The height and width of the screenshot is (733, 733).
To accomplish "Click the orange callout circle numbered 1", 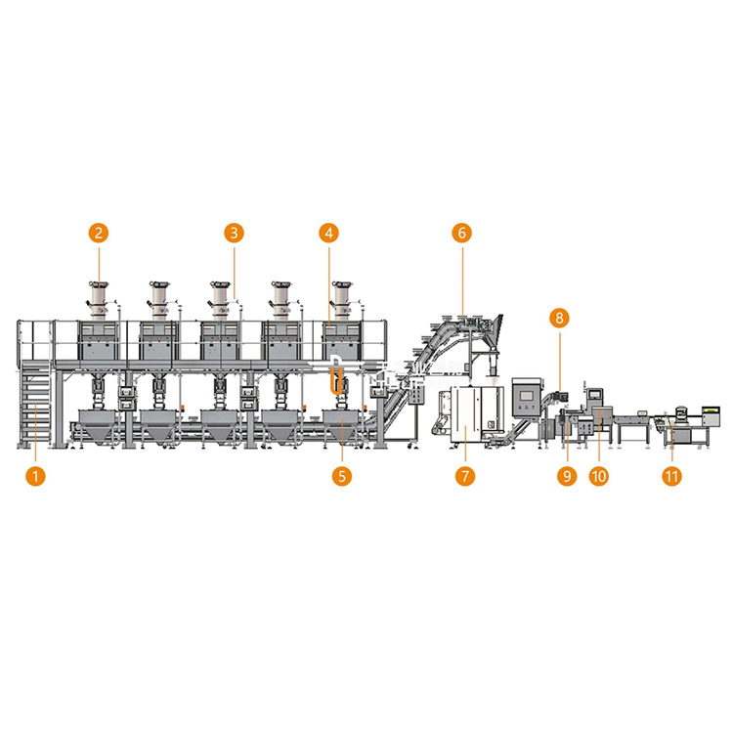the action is [x=35, y=476].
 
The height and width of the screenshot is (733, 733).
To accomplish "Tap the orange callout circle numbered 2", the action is [x=99, y=233].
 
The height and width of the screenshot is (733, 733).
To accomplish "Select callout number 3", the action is [x=235, y=233].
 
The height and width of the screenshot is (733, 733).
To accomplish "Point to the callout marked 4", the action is [x=329, y=233].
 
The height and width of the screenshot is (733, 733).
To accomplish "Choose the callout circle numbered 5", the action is [x=342, y=476].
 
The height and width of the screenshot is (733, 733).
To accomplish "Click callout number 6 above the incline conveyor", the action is [x=462, y=233].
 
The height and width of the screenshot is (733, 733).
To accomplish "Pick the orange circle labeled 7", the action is [x=465, y=476].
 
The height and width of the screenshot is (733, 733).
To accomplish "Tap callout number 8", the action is [x=560, y=319].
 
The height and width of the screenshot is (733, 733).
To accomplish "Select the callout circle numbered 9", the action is [x=567, y=476].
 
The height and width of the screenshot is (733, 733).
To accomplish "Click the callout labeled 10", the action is [x=599, y=476].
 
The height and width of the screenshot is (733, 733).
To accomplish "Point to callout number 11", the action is [x=671, y=476].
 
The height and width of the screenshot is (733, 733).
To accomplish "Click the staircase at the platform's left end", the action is [x=35, y=405].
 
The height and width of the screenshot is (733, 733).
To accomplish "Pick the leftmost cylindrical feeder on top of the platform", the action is [x=98, y=298].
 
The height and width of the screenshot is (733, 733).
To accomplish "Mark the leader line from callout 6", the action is [x=463, y=280].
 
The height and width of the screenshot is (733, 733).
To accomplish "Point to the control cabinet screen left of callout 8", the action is [x=527, y=396].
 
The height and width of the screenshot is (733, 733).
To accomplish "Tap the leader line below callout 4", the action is [x=329, y=286].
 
